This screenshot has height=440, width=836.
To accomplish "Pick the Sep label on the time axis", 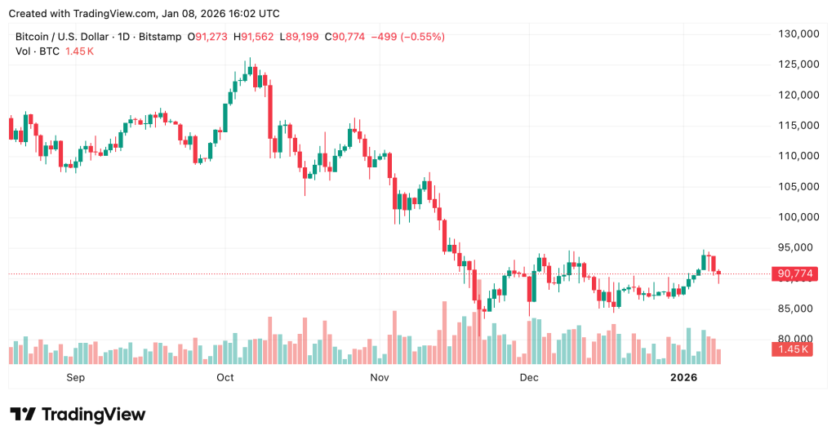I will coord(75,377).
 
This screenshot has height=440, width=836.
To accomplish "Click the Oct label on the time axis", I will coord(225,377).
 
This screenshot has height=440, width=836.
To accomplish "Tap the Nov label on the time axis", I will coord(379,377).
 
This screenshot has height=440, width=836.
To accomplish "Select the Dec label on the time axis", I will coord(529,377).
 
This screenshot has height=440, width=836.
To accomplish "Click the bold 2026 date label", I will coord(683,377).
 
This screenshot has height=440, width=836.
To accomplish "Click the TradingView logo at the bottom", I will coord(78,415).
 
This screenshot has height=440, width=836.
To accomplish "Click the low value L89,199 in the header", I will coord(301,37).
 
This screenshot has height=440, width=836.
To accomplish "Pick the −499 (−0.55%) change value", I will coord(408,37).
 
